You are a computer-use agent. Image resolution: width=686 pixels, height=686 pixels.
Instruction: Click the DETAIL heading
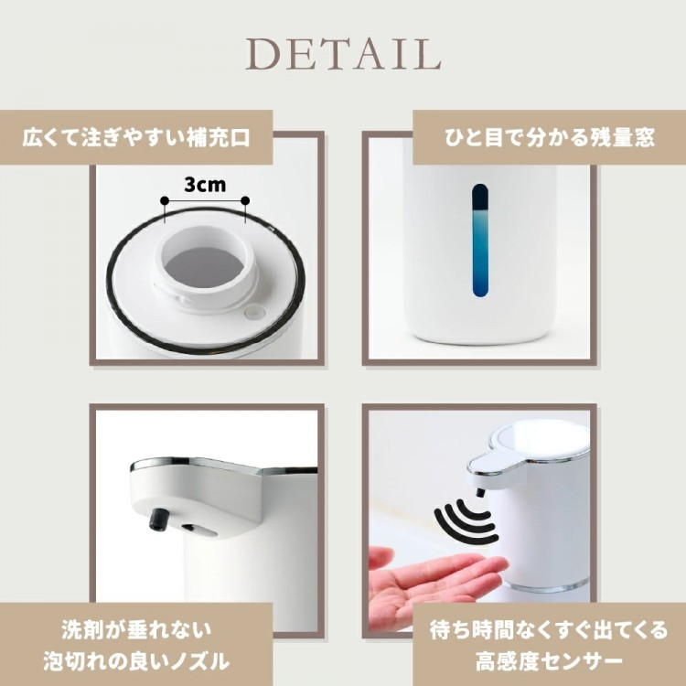pyautogui.click(x=343, y=54)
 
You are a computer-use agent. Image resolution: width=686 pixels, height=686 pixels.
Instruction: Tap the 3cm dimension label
pyautogui.click(x=205, y=185)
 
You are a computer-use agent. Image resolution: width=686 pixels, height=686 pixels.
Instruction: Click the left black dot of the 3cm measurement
pyautogui.click(x=165, y=200)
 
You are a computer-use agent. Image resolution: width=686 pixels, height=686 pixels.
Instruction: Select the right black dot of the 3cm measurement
pyautogui.click(x=245, y=200)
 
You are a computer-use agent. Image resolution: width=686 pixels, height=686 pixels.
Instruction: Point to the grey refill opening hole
pyautogui.click(x=205, y=265)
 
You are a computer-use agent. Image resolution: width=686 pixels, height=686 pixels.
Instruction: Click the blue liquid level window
pyautogui.click(x=480, y=241)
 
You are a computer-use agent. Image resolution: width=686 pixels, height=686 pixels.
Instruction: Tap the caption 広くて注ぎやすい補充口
pyautogui.click(x=136, y=138)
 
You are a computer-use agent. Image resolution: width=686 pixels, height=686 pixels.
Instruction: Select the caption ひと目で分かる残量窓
pyautogui.click(x=550, y=138)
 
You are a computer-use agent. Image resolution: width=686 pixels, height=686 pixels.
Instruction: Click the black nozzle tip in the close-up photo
pyautogui.click(x=158, y=520)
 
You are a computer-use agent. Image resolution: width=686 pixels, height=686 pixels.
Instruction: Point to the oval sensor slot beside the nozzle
pyautogui.click(x=200, y=531)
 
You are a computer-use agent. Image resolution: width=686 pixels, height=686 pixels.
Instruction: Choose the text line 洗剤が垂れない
pyautogui.click(x=136, y=630)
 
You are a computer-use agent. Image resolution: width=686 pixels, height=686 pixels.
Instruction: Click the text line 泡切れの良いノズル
pyautogui.click(x=136, y=661)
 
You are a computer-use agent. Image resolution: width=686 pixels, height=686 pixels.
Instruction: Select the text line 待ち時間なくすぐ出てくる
pyautogui.click(x=550, y=630)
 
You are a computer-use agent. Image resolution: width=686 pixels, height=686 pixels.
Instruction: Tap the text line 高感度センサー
pyautogui.click(x=550, y=661)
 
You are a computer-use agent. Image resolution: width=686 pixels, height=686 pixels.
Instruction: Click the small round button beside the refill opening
pyautogui.click(x=254, y=312)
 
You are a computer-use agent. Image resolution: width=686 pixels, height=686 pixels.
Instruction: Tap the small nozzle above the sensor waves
pyautogui.click(x=480, y=493)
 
